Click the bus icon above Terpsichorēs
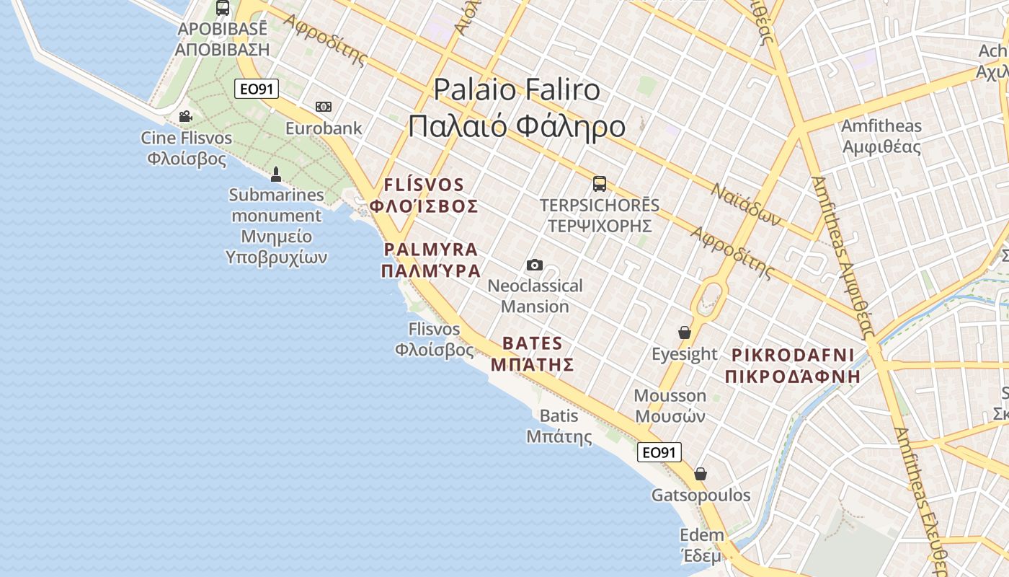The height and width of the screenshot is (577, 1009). coord(600,184)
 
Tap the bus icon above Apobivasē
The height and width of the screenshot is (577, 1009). coord(223,9)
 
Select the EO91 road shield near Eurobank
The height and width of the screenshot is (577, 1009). coord(257,89)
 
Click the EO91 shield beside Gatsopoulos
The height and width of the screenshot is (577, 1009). coord(659,452)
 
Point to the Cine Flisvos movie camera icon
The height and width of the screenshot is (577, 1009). coord(186,116)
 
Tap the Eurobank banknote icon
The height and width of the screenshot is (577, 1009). coord(324,107)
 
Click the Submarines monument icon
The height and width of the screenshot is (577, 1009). coord(275,174)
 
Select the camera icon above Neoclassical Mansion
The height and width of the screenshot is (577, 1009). coord(534,265)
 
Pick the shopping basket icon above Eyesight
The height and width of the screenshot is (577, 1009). coord(685,332)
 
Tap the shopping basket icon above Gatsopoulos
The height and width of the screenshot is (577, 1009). coord(701,474)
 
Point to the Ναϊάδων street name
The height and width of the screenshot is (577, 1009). coord(746,204)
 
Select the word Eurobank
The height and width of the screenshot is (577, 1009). coord(324,128)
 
